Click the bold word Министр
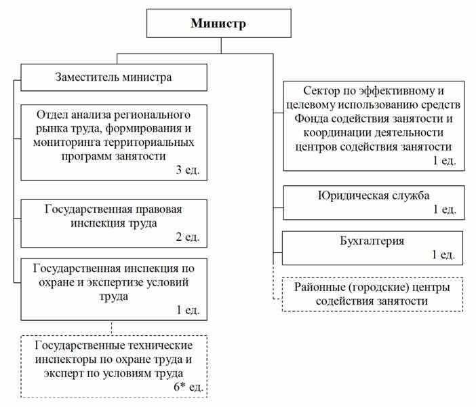click(218, 23)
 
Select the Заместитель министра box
click(114, 77)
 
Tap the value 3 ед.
click(188, 170)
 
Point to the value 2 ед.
click(188, 237)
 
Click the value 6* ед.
click(189, 387)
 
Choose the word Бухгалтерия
click(372, 241)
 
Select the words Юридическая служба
click(374, 195)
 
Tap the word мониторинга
click(66, 142)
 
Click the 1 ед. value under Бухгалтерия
click(443, 254)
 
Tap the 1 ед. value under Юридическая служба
click(444, 209)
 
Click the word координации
click(337, 133)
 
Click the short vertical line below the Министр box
click(221, 45)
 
